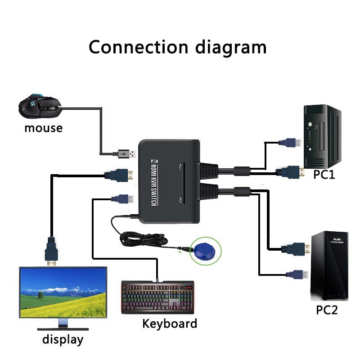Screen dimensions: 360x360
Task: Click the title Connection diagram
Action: [x=177, y=47]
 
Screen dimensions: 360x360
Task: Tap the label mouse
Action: [x=43, y=128]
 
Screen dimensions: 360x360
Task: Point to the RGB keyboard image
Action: [x=157, y=297]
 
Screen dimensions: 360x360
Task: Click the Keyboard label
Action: [x=170, y=324]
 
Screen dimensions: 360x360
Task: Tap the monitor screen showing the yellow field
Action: [x=63, y=292]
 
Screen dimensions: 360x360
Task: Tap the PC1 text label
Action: [x=324, y=174]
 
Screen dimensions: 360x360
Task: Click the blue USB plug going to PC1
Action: [x=290, y=143]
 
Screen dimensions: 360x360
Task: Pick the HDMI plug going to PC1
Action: [x=290, y=171]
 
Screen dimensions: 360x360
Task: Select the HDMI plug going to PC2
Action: [x=295, y=248]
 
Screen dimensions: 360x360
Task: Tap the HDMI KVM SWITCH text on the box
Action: [x=153, y=185]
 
